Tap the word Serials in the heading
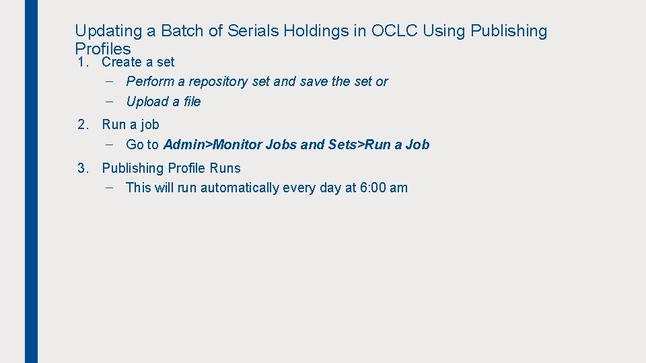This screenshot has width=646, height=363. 252,31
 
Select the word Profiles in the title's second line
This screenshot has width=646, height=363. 103,48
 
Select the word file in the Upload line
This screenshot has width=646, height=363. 191,102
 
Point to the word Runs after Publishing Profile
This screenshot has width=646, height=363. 225,168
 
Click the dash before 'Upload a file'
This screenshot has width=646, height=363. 109,102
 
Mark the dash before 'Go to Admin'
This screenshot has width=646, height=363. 109,145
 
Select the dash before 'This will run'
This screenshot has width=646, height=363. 109,188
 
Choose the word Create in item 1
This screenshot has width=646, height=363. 122,63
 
